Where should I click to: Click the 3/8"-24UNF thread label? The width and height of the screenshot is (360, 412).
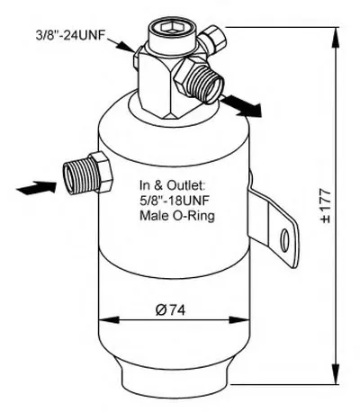pos(70,35)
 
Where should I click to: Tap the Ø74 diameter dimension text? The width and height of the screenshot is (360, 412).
pos(170,309)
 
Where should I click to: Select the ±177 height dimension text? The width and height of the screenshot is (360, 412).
pos(326,206)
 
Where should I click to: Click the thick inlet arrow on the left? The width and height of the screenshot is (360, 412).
pos(37,188)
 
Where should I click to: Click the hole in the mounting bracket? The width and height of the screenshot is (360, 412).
pos(284,240)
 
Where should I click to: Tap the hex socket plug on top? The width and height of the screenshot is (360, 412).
pos(169,28)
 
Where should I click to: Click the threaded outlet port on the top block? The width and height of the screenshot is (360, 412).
pos(207,84)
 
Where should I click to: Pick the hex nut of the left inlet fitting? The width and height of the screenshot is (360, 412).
pos(102,172)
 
